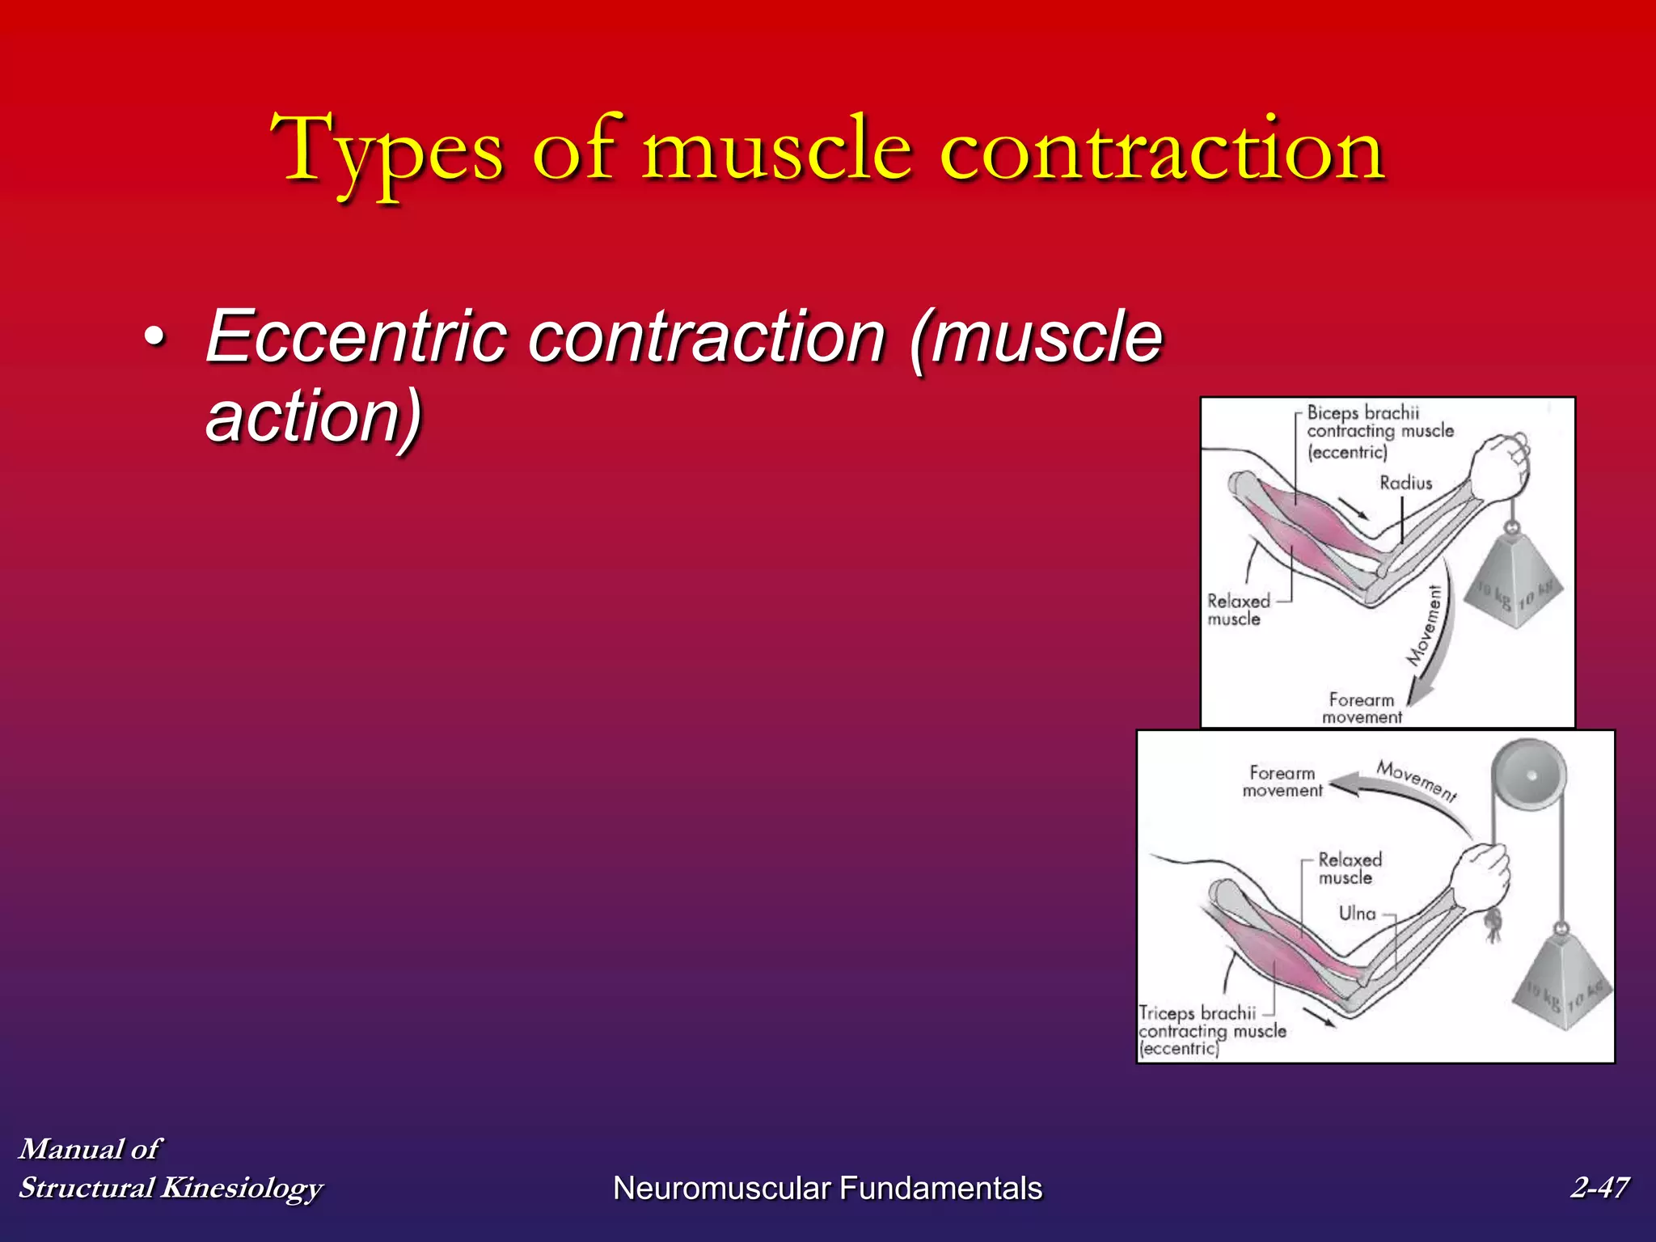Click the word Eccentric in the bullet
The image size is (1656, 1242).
pos(356,336)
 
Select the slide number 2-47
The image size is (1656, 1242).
pos(1599,1187)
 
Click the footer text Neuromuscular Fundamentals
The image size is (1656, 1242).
pos(827,1188)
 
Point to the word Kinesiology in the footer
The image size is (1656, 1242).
pos(242,1187)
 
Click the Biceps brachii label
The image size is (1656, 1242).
pos(1362,413)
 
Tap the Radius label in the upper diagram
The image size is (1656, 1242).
pos(1405,483)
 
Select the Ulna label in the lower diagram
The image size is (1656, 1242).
pos(1357,913)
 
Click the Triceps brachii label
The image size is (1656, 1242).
pos(1197,1013)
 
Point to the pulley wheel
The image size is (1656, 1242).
pos(1528,776)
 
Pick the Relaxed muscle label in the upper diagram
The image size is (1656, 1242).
pos(1237,610)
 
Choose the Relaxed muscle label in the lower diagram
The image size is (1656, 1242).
pos(1349,868)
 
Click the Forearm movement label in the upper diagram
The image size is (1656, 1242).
pos(1362,708)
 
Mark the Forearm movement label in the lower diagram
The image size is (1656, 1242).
pos(1282,782)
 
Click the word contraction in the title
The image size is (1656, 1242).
pos(1163,150)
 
